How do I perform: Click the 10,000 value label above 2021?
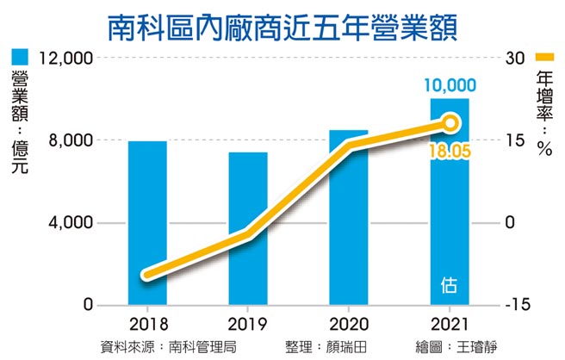450,84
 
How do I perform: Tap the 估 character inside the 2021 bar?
450,283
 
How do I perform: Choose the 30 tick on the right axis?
515,59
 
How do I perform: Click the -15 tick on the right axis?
517,306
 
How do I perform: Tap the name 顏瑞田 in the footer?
355,347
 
